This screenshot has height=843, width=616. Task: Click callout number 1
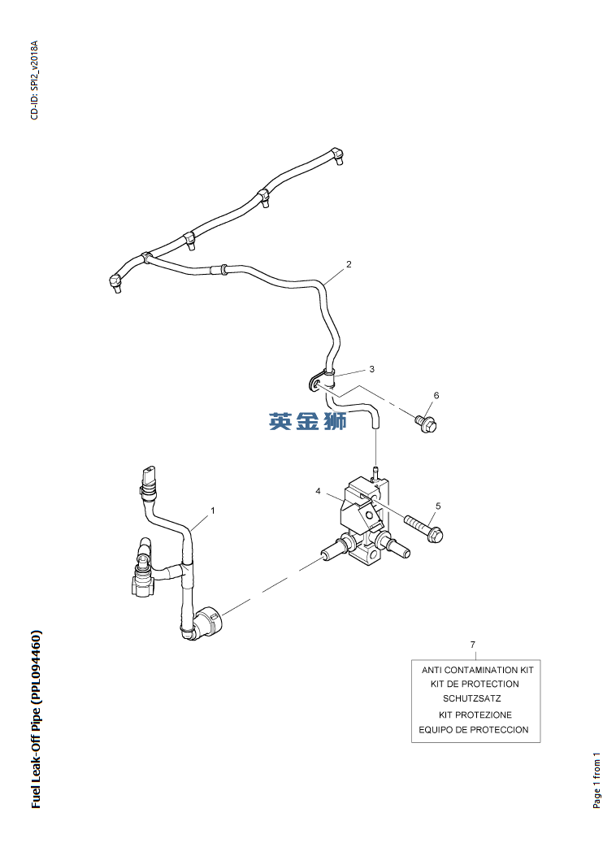(213, 511)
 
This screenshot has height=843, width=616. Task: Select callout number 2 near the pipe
(349, 264)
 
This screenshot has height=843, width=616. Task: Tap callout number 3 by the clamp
(371, 369)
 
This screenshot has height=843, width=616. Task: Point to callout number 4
(319, 491)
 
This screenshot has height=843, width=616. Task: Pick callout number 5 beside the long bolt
(438, 506)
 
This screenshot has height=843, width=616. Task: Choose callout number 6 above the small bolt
(436, 396)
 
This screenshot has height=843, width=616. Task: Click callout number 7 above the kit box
(473, 645)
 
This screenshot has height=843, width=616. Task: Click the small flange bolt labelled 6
(426, 422)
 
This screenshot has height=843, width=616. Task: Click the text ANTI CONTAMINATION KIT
(477, 670)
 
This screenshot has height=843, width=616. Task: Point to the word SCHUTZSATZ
(471, 698)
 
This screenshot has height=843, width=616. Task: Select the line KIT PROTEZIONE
(475, 715)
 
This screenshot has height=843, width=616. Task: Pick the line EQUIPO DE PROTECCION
(474, 729)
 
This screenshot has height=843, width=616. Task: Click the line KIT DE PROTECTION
(475, 684)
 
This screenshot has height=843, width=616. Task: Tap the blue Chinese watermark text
(308, 422)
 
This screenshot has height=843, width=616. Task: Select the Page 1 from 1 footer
(597, 780)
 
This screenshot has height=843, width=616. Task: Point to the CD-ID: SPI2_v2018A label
(34, 80)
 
